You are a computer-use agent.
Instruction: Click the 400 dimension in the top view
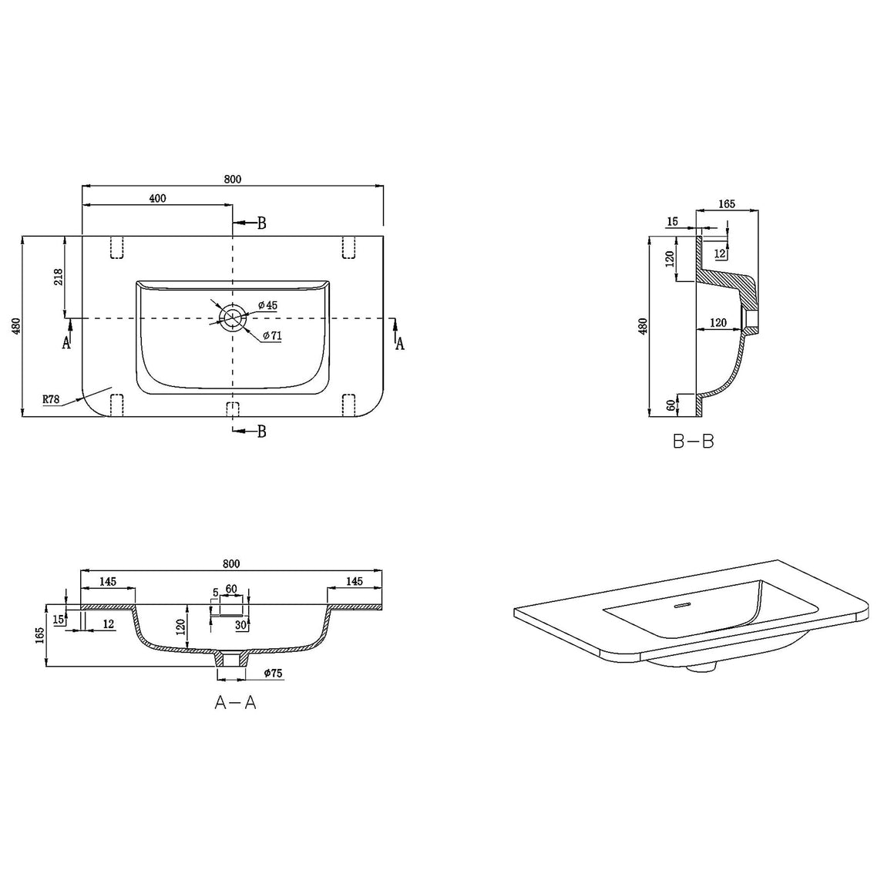coord(157,198)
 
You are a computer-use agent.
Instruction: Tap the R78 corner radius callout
coord(52,399)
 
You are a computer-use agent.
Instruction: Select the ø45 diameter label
coord(268,305)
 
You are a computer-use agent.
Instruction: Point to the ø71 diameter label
coord(273,336)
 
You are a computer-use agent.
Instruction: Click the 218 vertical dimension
coord(58,277)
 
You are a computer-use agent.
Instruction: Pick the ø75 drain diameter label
coord(273,674)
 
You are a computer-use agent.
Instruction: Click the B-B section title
coord(693,442)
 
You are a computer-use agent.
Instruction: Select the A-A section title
coord(236,702)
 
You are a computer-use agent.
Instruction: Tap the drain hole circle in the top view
coord(233,318)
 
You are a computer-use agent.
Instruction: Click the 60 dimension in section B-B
coord(671,405)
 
